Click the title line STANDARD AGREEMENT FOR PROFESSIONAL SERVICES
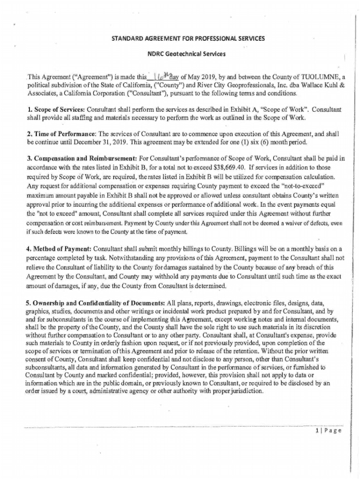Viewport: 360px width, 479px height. click(187, 38)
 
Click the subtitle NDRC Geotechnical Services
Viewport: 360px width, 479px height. click(187, 54)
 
